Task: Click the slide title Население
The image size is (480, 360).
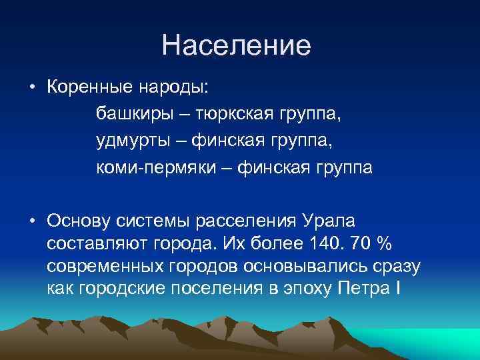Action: (x=236, y=45)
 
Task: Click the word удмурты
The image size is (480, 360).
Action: (x=132, y=141)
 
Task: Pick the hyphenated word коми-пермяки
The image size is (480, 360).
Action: (x=156, y=168)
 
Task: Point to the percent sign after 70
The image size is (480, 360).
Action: (x=383, y=244)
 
